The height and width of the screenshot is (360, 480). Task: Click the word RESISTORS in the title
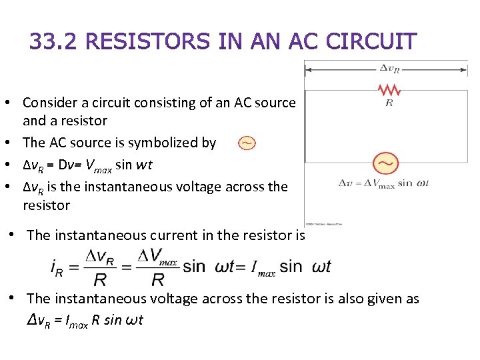coord(147,41)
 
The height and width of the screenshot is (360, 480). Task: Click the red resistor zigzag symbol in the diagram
coord(389,90)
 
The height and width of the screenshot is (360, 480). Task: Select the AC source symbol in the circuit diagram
coord(385,162)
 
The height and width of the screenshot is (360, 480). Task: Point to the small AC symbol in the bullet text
coord(247,143)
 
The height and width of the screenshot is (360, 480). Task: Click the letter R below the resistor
coord(389,103)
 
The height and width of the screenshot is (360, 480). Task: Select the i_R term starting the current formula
coord(59,267)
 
